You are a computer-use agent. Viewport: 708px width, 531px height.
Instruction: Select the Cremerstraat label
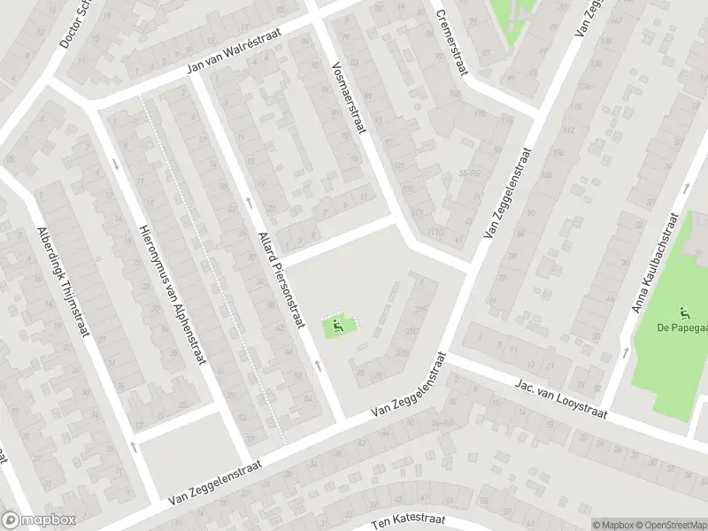coord(450,42)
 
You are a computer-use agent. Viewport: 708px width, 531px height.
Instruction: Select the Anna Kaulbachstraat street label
coord(653,263)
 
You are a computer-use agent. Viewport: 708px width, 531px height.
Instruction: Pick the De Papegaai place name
coord(681,327)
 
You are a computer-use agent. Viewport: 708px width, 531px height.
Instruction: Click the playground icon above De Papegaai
coord(683,312)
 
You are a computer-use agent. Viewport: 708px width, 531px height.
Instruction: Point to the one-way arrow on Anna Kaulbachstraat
coord(627,352)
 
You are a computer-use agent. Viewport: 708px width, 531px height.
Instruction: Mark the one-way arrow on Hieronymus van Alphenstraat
coord(116,164)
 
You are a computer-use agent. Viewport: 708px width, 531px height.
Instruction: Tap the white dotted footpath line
coord(212,265)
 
